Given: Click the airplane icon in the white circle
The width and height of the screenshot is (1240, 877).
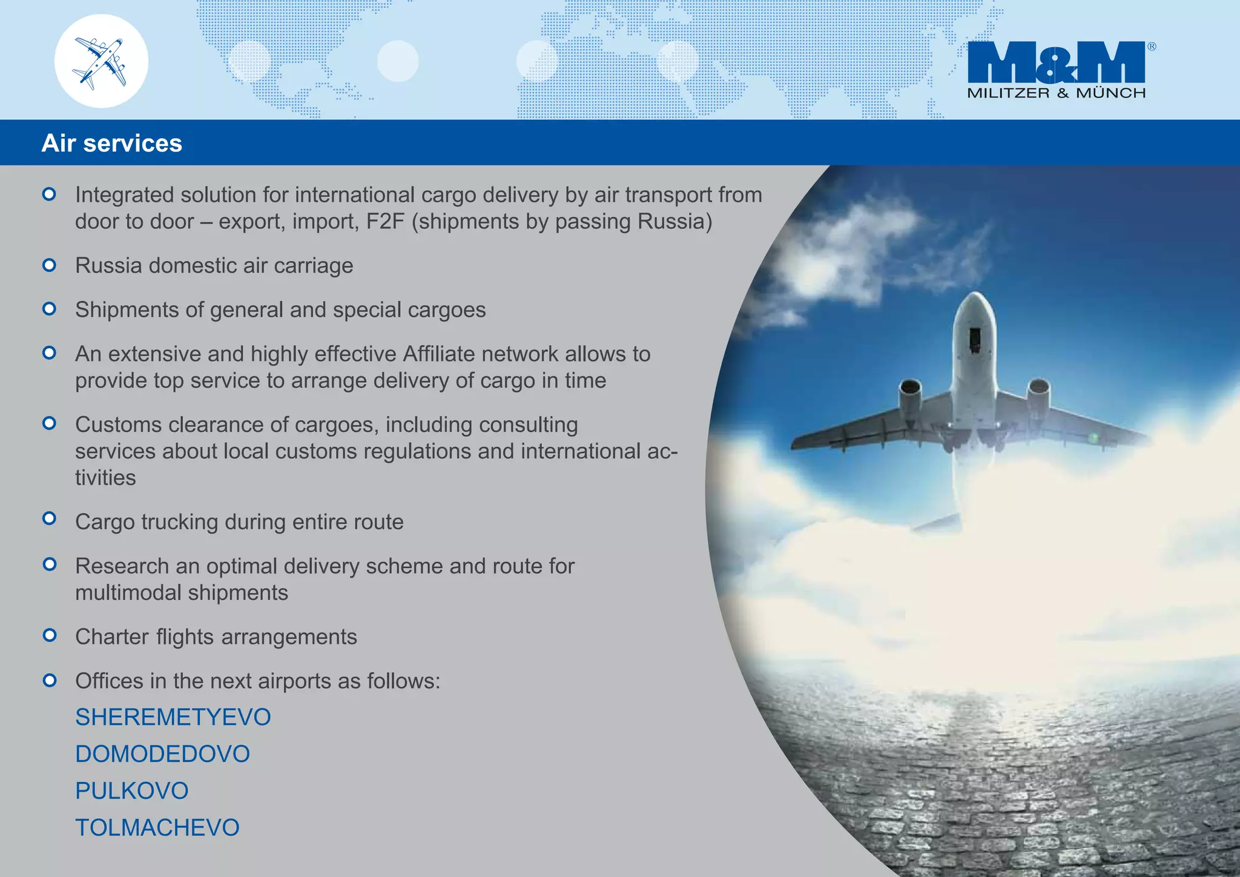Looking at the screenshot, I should point(101,62).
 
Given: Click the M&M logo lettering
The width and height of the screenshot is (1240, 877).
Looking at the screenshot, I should point(1056,62).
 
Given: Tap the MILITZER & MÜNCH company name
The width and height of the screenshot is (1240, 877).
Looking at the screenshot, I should point(1056,93).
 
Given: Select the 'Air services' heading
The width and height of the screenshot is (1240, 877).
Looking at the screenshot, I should point(111,144).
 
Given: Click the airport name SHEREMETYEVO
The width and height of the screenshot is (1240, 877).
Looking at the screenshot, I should point(173,717).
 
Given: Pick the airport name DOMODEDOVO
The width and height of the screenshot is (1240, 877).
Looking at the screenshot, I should point(162,754).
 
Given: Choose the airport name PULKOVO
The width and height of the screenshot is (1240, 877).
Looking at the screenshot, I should point(131,791).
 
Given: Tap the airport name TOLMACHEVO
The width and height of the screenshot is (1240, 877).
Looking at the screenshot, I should point(157,828).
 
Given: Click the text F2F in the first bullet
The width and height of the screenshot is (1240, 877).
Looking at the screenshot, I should point(385,222).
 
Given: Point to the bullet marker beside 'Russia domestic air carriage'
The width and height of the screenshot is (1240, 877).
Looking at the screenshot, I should point(50,265).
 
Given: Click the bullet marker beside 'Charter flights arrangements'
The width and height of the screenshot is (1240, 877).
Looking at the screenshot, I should point(50,635).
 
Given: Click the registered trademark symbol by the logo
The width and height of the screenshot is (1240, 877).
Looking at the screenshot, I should point(1151,47).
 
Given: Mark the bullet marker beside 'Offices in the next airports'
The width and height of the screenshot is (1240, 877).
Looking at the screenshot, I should point(50,680).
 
